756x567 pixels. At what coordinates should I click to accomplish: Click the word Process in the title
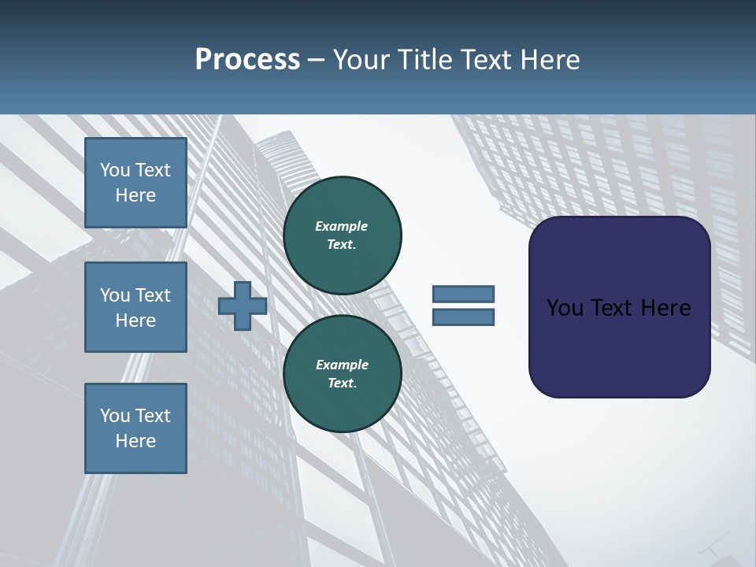[247, 59]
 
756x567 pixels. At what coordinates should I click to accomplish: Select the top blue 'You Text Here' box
[135, 183]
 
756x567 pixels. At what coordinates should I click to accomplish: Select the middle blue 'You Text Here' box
[135, 307]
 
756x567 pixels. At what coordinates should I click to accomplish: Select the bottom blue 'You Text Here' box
[135, 428]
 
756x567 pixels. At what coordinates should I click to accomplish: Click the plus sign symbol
[242, 306]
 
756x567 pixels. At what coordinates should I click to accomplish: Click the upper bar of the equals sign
[463, 294]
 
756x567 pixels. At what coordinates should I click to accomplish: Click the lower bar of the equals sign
[463, 317]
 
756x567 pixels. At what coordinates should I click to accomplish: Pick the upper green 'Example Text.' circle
[342, 235]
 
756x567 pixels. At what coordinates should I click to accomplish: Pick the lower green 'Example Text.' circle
[342, 373]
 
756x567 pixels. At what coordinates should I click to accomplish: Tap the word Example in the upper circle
[342, 226]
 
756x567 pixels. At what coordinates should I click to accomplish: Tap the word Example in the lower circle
[342, 365]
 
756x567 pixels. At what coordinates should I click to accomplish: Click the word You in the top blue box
[115, 170]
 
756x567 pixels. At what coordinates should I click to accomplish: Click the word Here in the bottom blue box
[135, 441]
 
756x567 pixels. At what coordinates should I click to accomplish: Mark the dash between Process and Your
[316, 60]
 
